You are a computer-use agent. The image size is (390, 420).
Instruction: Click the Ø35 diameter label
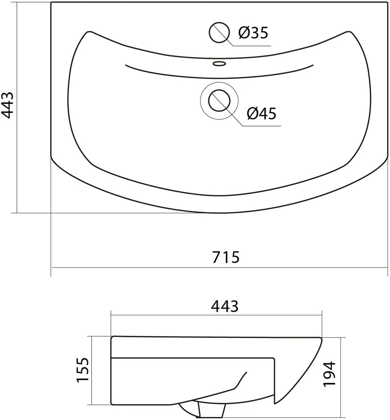coord(253,33)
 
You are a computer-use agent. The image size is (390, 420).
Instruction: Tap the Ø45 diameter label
coord(261,113)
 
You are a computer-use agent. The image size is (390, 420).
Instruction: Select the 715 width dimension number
coord(226,257)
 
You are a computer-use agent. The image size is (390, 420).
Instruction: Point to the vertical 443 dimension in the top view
coord(7,105)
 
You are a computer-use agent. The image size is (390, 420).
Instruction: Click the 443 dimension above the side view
coord(224,306)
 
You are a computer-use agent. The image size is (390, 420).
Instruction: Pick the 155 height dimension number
coord(82,369)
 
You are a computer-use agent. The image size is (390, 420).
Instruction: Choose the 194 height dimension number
coord(329,374)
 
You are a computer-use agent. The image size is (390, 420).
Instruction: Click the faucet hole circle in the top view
coord(219,32)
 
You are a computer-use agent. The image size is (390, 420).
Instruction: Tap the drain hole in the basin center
coord(219,100)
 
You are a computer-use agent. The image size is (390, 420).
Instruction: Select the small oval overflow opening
coord(219,64)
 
